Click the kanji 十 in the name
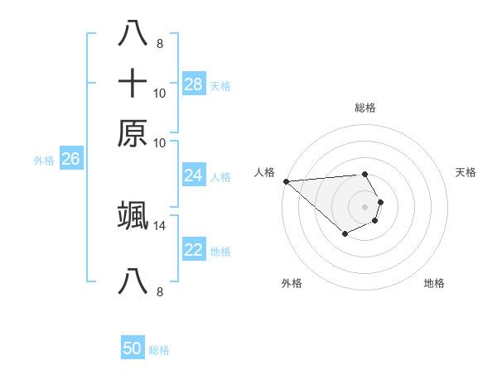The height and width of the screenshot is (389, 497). click(x=133, y=84)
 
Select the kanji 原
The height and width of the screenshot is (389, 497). click(x=133, y=132)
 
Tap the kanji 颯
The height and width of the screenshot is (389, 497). click(x=133, y=214)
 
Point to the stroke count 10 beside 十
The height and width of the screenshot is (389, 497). click(x=159, y=94)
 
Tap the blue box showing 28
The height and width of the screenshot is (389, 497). click(x=194, y=84)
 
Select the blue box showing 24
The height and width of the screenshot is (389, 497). click(x=194, y=175)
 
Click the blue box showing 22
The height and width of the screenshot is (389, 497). click(x=194, y=251)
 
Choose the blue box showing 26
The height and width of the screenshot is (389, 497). click(x=70, y=160)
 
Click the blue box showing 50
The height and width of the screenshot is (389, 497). click(x=133, y=348)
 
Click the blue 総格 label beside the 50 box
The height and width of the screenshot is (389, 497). click(x=159, y=350)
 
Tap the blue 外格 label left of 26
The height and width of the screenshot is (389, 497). click(x=44, y=161)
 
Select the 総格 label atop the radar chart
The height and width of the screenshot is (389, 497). click(x=364, y=108)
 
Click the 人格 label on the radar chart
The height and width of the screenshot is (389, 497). click(x=265, y=172)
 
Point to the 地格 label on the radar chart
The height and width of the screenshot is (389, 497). click(x=434, y=283)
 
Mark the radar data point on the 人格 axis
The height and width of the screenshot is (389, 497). click(x=286, y=181)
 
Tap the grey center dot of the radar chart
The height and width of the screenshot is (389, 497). click(x=364, y=207)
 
